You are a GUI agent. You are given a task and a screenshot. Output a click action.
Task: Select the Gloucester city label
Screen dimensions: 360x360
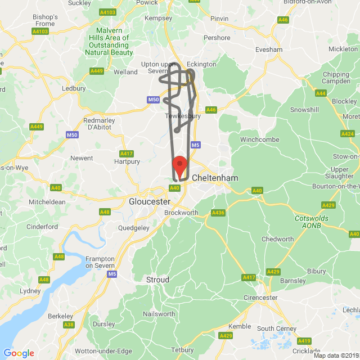coord(149,201)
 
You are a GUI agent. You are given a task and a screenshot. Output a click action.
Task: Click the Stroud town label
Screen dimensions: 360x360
coord(157,280)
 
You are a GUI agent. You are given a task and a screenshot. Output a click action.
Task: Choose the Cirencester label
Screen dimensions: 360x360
coord(260,298)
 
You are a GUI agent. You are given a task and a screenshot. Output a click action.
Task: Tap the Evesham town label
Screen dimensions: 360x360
coord(268,49)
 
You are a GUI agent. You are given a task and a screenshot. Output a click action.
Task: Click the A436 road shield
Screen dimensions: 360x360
coord(218,213)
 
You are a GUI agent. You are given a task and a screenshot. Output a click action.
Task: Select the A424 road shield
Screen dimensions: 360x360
coord(347,134)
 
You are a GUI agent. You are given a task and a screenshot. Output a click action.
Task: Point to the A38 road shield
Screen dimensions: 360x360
coord(69,325)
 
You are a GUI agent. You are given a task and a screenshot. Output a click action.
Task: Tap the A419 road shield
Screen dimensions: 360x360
coord(304,341)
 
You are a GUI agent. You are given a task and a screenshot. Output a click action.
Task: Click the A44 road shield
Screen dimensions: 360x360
coord(321,93)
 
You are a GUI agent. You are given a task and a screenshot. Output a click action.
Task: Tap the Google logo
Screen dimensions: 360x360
coord(19,353)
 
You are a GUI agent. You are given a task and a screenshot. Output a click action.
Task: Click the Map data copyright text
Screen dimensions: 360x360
coord(336,355)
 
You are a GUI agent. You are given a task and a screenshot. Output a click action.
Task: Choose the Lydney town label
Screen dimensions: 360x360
coord(30,291)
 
